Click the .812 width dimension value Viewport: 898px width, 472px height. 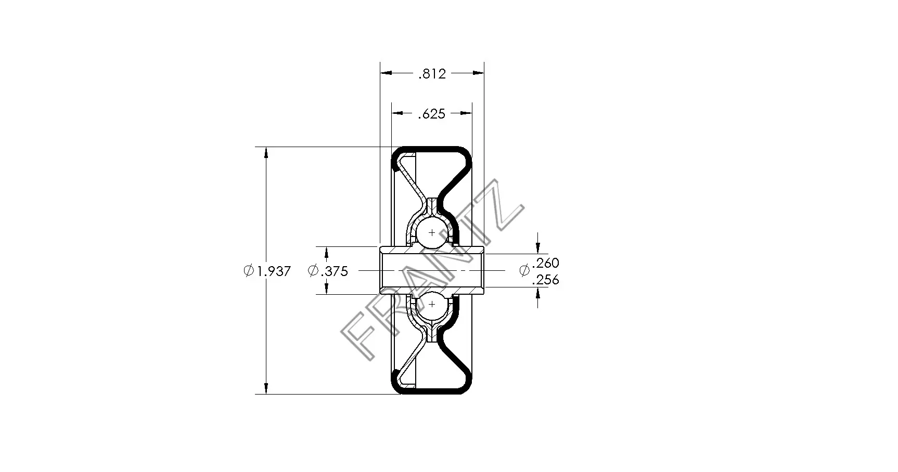coord(432,74)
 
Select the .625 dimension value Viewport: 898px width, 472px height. coord(432,114)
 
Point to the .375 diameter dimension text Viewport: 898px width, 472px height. coord(335,271)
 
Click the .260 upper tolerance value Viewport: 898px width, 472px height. coord(546,263)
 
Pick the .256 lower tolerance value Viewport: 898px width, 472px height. coord(546,280)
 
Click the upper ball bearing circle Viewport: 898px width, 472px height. coord(431,232)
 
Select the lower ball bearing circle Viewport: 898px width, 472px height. coord(431,304)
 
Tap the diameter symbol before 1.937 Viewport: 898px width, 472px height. coord(249,271)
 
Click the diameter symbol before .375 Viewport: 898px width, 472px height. coord(313,271)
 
